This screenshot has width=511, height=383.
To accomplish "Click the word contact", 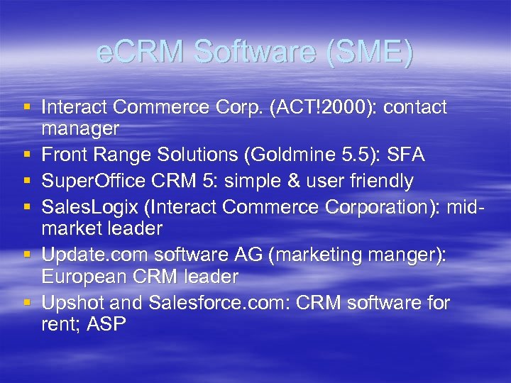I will coord(414,107).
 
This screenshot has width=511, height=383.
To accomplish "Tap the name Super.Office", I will coord(88,181).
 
